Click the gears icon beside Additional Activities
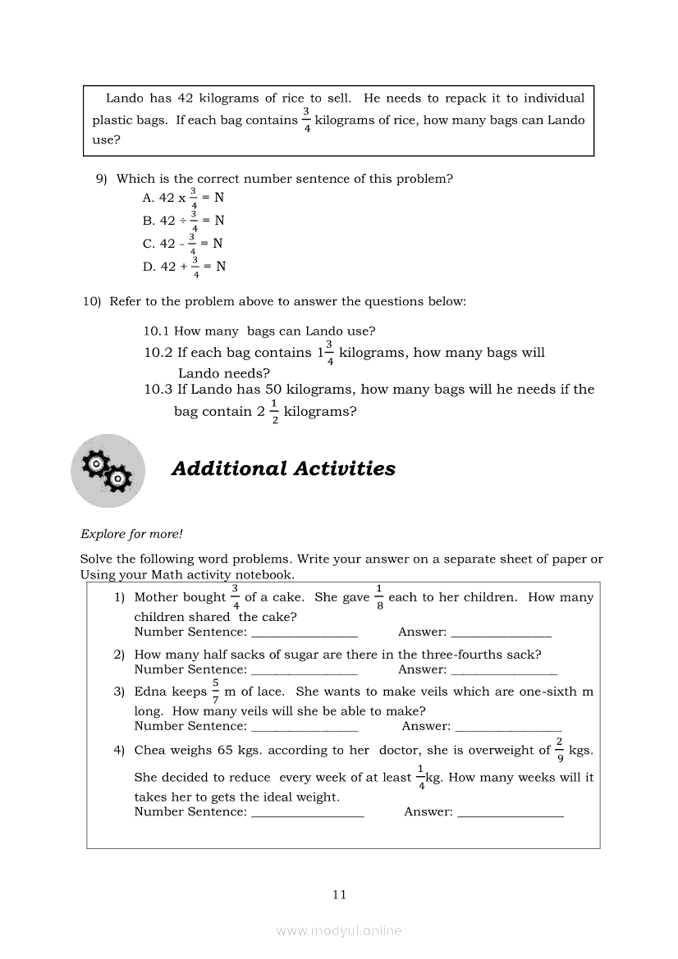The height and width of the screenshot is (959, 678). tap(108, 471)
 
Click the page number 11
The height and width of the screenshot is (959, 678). tap(340, 894)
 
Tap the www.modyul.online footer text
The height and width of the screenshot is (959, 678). tap(339, 930)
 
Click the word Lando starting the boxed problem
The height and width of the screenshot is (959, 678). tap(125, 98)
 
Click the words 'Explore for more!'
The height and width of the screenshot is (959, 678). tap(131, 534)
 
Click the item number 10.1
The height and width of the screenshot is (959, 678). tap(157, 331)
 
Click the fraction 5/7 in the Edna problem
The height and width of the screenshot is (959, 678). tap(215, 692)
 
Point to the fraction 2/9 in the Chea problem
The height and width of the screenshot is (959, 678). tap(559, 750)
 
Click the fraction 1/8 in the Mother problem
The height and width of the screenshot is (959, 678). tap(378, 597)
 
